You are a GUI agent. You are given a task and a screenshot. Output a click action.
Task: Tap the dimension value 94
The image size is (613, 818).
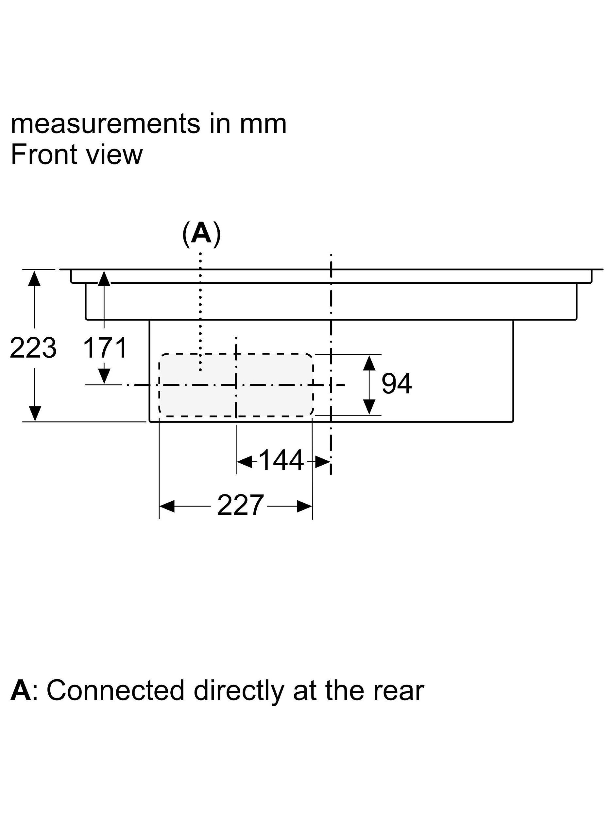click(396, 384)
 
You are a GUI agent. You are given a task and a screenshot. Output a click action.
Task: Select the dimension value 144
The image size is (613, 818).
click(281, 461)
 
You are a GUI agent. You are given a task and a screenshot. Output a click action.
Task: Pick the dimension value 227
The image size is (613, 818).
click(240, 506)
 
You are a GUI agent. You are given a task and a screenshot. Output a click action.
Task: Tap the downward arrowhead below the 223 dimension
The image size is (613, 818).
click(35, 413)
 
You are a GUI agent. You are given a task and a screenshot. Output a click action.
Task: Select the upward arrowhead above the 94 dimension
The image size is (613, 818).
click(369, 362)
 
